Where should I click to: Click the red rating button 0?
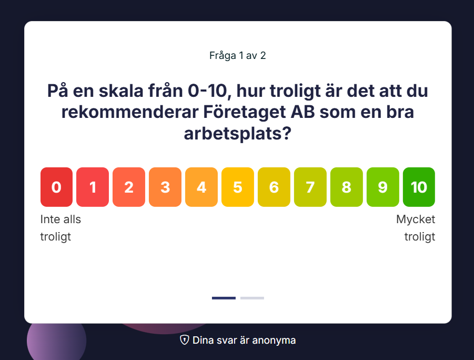pos(56,187)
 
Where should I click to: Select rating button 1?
pos(93,187)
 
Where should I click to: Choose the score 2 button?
pos(129,187)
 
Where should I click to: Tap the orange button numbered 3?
pos(165,187)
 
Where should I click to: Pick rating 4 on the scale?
pos(201,187)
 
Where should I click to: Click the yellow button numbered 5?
pos(238,187)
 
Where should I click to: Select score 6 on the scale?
pos(274,187)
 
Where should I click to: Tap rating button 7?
pos(310,187)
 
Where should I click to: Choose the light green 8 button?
pos(347,187)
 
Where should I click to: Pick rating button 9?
pos(382,187)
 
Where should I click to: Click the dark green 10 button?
pos(419,187)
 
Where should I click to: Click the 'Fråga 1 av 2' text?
pos(238,56)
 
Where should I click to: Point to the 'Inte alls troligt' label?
pos(60,228)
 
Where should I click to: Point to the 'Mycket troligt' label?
pos(416,228)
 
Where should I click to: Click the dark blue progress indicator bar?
pos(224,298)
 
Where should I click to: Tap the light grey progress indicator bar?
pos(252,298)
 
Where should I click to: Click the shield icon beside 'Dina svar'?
pos(185,339)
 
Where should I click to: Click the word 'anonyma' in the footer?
pos(274,341)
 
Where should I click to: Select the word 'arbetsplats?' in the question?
pos(238,133)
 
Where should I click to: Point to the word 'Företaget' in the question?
pos(244,112)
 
